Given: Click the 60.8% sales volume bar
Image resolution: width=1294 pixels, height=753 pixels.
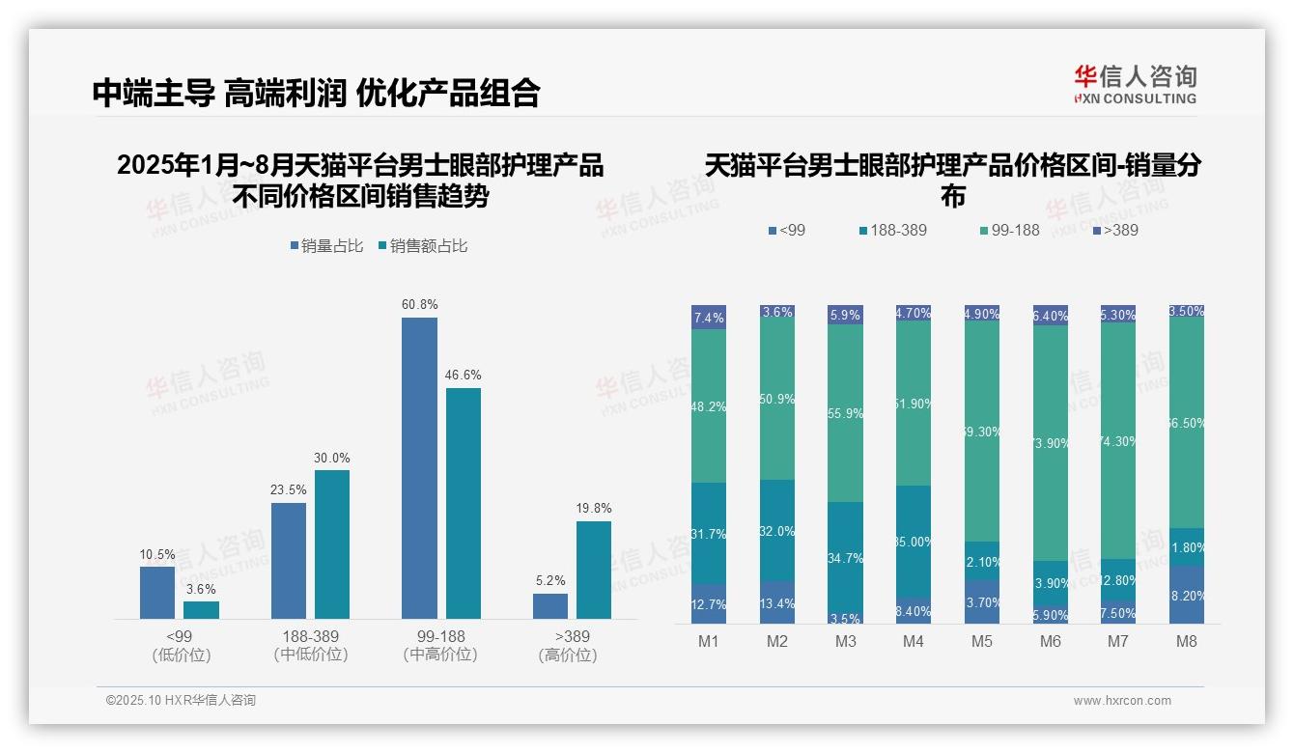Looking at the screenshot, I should coord(419,468).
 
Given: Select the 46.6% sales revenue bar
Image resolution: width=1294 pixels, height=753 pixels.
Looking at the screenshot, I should coord(463,503).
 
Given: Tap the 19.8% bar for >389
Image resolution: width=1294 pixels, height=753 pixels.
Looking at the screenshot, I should coord(594,570).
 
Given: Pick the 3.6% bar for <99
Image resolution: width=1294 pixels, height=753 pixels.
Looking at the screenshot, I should coord(201,610).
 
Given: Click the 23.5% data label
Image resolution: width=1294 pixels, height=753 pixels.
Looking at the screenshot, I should coord(288,489).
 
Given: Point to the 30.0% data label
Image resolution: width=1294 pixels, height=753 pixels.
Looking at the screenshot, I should coord(332,458).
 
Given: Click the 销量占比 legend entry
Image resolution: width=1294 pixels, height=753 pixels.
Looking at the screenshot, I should coord(326,246).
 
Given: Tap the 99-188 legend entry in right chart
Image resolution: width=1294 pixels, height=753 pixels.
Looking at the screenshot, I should coord(1009,230).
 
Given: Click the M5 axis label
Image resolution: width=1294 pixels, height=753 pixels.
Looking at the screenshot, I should coord(982,641).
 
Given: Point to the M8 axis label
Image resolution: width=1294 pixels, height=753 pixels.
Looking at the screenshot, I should coord(1187,641).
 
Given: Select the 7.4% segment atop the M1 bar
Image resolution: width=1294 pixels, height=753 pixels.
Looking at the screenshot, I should coord(709,318).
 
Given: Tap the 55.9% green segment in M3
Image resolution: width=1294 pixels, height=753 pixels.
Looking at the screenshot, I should coord(845,413).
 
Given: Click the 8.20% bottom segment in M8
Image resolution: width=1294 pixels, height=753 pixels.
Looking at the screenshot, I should coord(1187,595).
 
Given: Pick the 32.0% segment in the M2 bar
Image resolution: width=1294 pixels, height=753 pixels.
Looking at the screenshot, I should coord(777,530).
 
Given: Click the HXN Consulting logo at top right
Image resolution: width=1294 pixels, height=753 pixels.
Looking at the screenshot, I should coord(1135,84).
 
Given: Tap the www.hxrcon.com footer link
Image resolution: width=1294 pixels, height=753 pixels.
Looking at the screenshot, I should coord(1122,701).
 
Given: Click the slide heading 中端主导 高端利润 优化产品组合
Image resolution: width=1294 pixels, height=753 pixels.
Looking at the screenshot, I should coord(316,93).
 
